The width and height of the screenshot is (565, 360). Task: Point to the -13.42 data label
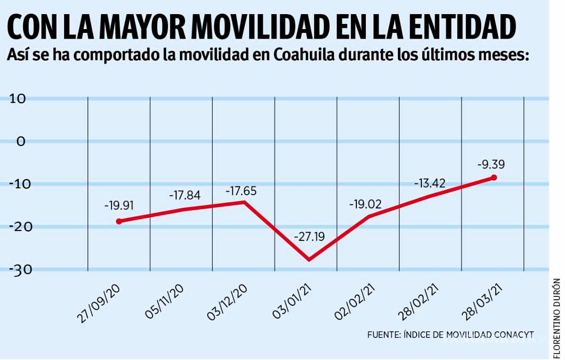tap(429, 183)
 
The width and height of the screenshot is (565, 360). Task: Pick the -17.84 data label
tap(184, 195)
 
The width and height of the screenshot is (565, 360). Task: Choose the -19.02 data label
tap(365, 204)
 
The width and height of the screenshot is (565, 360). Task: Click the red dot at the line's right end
tap(493, 177)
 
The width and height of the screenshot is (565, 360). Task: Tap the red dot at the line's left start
tap(119, 221)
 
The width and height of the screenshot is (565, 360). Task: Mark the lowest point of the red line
tap(309, 259)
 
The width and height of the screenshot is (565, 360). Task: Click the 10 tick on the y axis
tap(16, 99)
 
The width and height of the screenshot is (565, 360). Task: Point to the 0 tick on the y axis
tap(21, 141)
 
